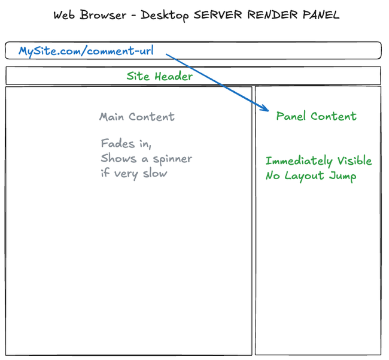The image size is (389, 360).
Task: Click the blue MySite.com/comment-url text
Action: (x=86, y=51)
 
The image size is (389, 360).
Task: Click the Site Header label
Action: (x=160, y=76)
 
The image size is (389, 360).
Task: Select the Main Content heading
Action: (x=137, y=117)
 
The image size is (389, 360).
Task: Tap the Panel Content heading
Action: (x=316, y=116)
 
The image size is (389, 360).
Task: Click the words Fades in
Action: (x=126, y=144)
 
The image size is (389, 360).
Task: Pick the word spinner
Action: (x=171, y=159)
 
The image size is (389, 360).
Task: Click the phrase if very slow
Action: (x=133, y=174)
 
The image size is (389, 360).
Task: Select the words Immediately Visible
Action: (x=318, y=161)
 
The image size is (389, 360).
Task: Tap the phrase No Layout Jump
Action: (x=311, y=176)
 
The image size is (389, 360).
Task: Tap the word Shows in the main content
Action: (x=118, y=159)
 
